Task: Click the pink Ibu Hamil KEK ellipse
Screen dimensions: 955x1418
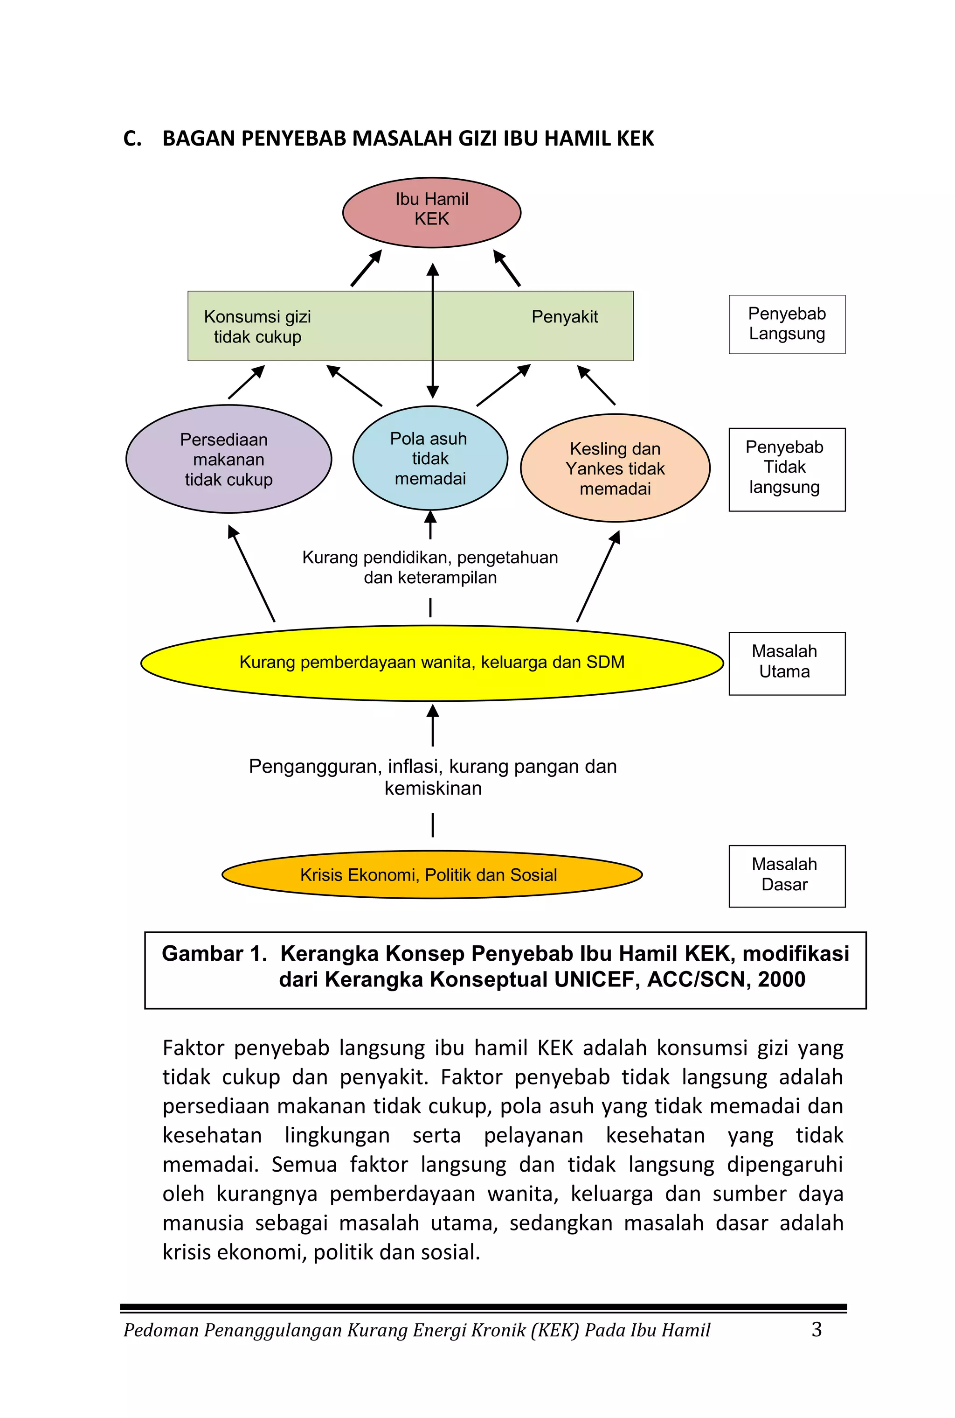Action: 432,213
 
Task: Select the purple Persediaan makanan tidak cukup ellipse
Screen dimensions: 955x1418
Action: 229,459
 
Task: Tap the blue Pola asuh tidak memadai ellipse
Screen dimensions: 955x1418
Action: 430,458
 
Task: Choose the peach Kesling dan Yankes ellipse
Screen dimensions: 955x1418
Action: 615,468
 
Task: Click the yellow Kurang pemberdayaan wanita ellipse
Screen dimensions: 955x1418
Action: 432,663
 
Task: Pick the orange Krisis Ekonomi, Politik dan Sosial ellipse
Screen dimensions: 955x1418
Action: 432,874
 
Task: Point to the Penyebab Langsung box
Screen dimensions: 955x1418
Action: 787,324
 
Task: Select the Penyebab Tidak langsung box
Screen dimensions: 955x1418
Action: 787,469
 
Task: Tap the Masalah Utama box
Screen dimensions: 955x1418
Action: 787,664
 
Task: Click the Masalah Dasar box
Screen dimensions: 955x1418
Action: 787,876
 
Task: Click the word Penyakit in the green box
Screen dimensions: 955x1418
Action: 565,317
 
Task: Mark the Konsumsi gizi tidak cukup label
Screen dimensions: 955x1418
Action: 257,327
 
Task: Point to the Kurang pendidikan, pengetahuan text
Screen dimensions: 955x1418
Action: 430,558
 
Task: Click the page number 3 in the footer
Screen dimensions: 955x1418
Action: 817,1329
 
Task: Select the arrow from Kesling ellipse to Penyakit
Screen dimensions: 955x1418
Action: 596,385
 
